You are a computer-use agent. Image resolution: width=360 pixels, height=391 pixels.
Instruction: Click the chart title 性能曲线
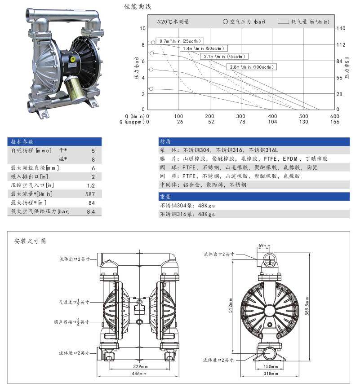[x=138, y=7]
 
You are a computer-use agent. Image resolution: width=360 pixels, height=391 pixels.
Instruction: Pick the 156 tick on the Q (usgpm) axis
[x=335, y=122]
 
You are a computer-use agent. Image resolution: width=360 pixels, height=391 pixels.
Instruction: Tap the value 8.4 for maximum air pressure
[x=91, y=211]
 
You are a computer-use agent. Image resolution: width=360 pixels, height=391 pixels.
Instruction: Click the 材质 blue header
[x=165, y=141]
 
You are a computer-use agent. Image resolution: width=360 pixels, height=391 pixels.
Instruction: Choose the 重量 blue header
[x=165, y=196]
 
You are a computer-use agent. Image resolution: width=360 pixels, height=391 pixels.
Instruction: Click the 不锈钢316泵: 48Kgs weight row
[x=187, y=214]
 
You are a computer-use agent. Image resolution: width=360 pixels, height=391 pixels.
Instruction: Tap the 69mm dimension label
[x=264, y=246]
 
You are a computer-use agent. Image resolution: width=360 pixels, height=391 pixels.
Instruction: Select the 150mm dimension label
[x=269, y=366]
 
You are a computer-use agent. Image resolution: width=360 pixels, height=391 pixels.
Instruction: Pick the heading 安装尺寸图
[x=30, y=241]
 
